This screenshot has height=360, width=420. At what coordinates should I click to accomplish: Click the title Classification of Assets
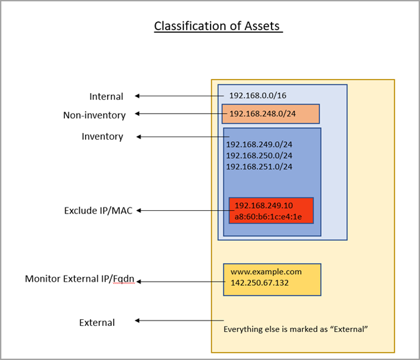click(217, 26)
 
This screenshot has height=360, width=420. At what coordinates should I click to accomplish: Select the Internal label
click(106, 96)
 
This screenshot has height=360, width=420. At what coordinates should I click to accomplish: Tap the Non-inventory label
click(94, 115)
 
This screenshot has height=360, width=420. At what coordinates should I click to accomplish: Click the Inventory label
click(102, 137)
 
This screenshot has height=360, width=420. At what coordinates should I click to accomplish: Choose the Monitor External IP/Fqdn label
click(80, 278)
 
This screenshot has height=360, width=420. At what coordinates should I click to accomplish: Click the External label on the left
click(97, 323)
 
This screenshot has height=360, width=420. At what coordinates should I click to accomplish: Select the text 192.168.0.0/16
click(260, 96)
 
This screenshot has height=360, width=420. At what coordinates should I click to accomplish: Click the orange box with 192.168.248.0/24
click(270, 114)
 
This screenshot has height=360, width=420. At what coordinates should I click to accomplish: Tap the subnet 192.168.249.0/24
click(259, 145)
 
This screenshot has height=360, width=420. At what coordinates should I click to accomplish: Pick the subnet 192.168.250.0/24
click(259, 155)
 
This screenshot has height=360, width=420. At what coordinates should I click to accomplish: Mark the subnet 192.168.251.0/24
click(259, 167)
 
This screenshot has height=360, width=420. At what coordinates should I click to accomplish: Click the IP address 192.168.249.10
click(264, 205)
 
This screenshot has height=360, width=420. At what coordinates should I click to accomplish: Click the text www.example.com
click(266, 272)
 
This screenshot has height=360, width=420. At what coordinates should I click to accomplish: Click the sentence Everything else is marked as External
click(296, 329)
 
